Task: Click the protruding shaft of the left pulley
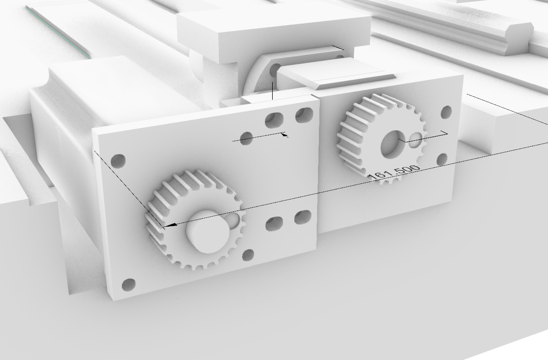click(207, 231)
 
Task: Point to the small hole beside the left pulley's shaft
click(233, 219)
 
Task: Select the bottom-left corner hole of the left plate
click(129, 285)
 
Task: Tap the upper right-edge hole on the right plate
click(446, 112)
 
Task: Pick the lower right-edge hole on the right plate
click(442, 159)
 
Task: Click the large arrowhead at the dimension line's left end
click(170, 225)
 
